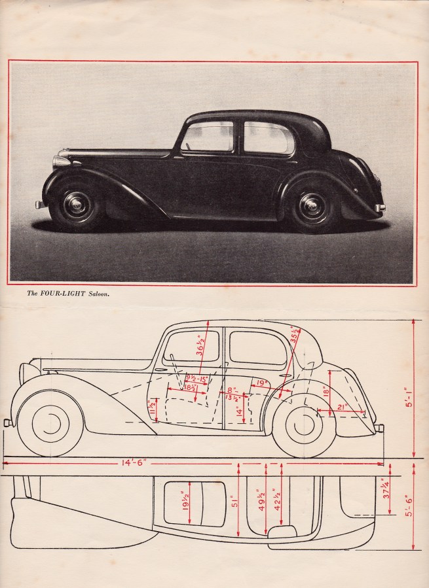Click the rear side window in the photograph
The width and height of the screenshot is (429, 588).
coord(268,138)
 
